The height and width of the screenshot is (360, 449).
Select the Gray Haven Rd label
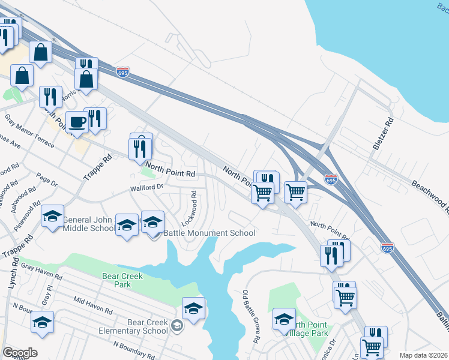pos(41,271)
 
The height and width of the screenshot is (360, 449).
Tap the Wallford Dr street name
pos(147,188)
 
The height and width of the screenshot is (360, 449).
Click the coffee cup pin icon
pos(76,122)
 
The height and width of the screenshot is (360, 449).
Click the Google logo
pos(20,353)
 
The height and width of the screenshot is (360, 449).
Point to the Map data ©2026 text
pos(424,355)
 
